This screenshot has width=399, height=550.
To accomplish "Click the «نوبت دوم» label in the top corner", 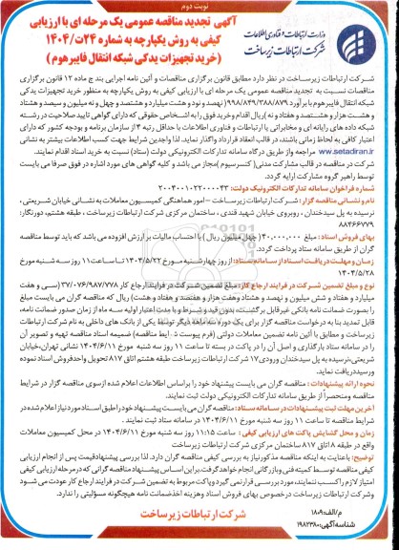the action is [x=30, y=11].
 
